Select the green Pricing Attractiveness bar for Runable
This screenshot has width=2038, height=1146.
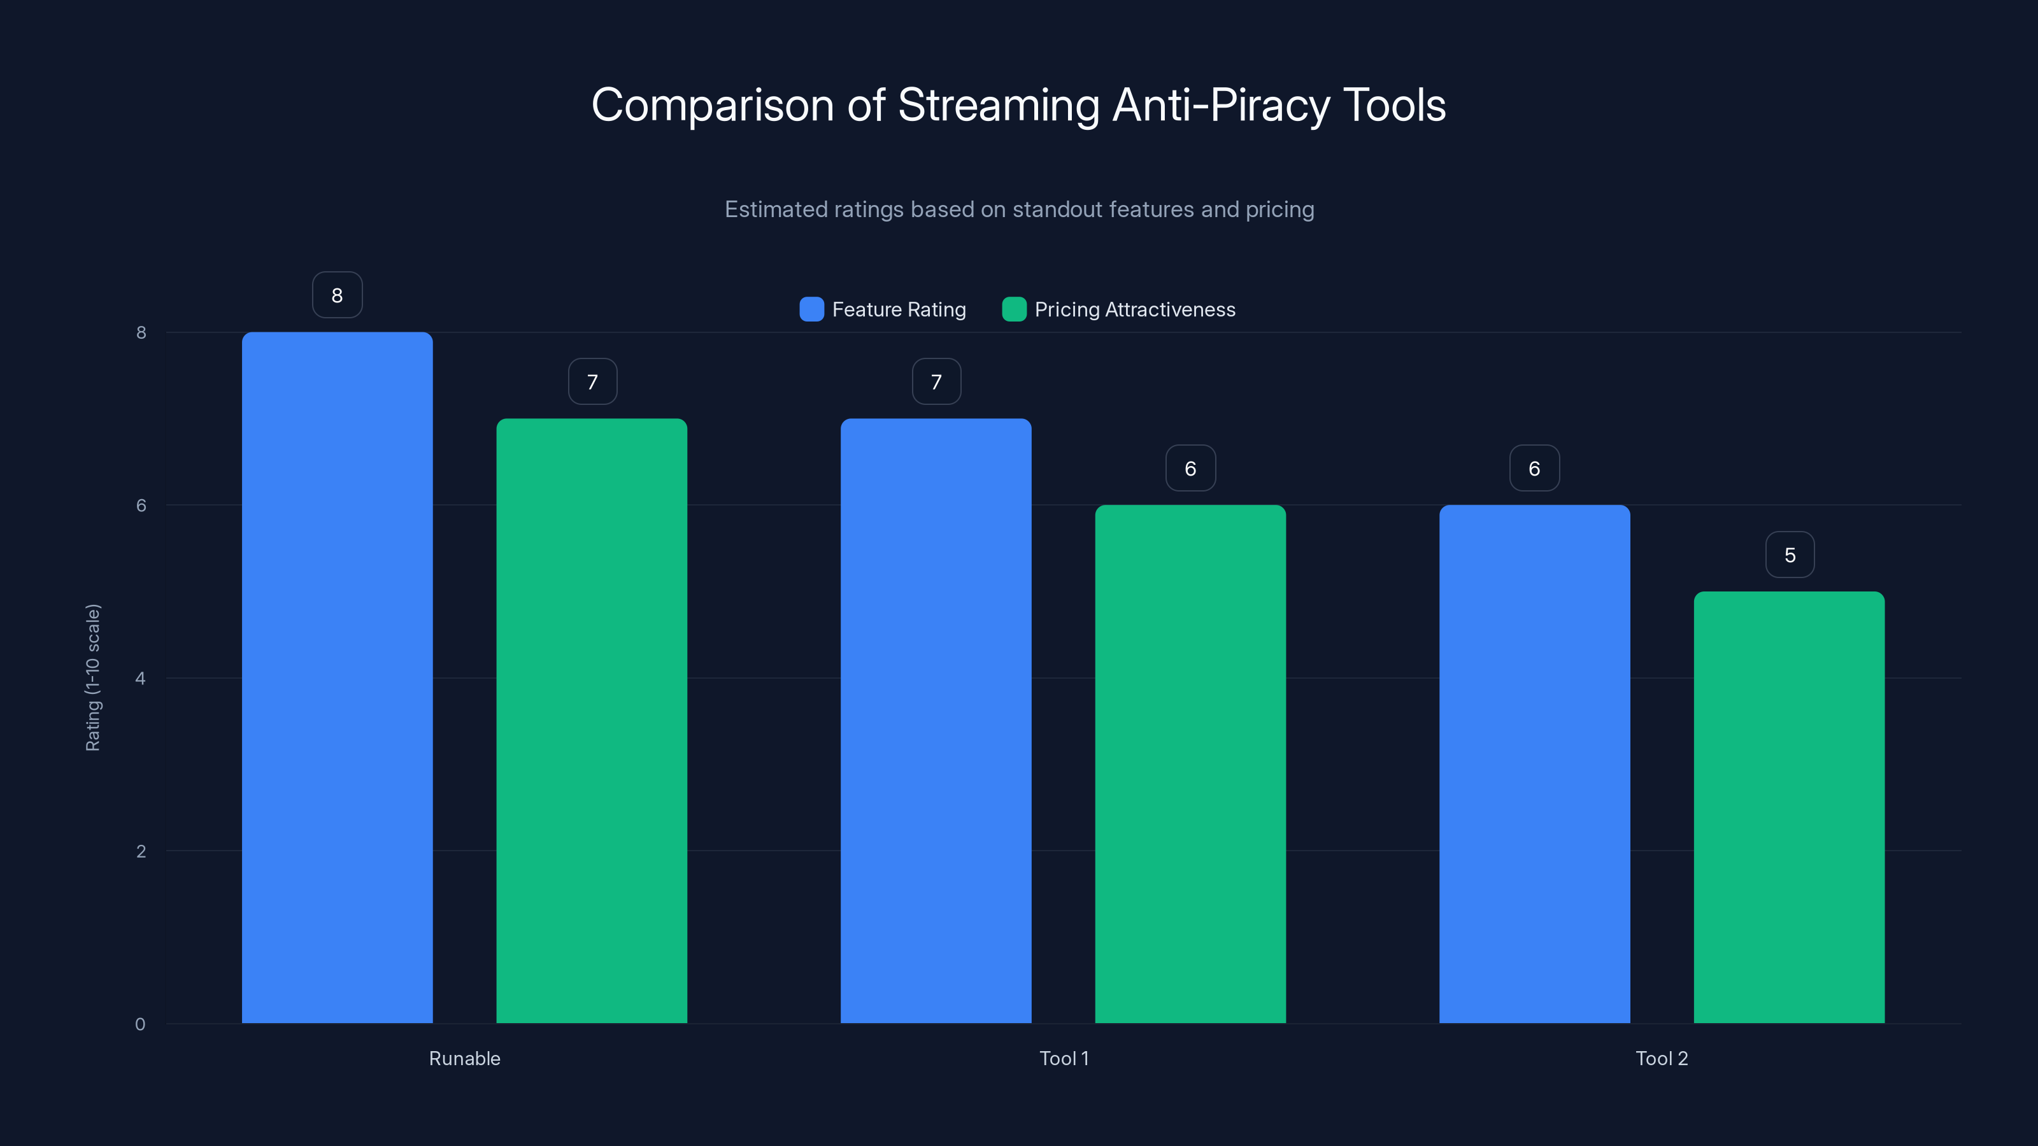pyautogui.click(x=592, y=721)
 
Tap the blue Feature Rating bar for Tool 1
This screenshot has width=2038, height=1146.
pyautogui.click(x=936, y=721)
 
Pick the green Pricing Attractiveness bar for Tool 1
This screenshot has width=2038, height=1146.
pyautogui.click(x=1190, y=764)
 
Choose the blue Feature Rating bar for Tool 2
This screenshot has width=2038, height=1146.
pyautogui.click(x=1534, y=764)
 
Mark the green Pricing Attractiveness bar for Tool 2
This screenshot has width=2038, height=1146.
pyautogui.click(x=1789, y=807)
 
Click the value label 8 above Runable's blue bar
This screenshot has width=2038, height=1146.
pyautogui.click(x=337, y=295)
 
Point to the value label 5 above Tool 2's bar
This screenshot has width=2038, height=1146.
pyautogui.click(x=1790, y=555)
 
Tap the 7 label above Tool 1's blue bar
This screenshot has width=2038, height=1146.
pyautogui.click(x=936, y=382)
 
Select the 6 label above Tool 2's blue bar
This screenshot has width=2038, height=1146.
pyautogui.click(x=1534, y=468)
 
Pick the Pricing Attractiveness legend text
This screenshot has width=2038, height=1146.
pyautogui.click(x=1134, y=309)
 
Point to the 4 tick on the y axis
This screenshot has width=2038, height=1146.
pyautogui.click(x=141, y=678)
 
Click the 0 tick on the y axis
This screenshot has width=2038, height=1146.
pyautogui.click(x=141, y=1024)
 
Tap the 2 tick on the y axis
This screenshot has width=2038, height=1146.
pyautogui.click(x=141, y=851)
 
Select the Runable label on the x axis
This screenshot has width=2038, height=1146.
pyautogui.click(x=464, y=1058)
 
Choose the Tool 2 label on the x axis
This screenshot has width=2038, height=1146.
pyautogui.click(x=1662, y=1058)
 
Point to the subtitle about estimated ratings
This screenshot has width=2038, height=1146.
pyautogui.click(x=1019, y=209)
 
